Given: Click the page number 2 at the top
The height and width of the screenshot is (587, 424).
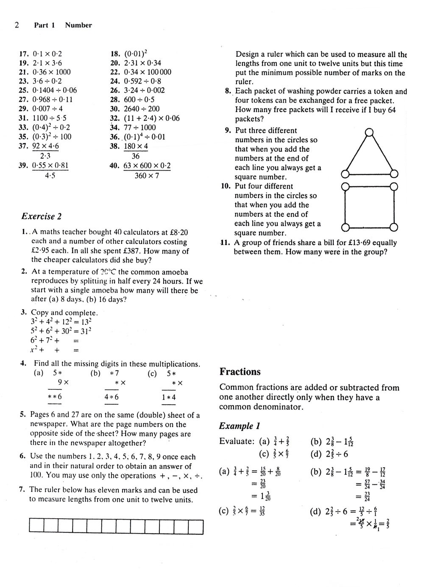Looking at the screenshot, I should click(17, 25).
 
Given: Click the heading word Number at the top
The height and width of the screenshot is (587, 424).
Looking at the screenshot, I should click(78, 25).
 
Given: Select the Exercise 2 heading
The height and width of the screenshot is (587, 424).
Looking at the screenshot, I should click(42, 216).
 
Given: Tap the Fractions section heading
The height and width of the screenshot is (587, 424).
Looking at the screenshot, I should click(240, 372).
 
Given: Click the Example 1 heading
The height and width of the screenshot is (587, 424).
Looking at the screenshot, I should click(240, 426).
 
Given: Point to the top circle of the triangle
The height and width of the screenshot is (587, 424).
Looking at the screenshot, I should click(369, 132).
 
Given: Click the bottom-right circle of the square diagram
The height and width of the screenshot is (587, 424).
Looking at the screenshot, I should click(393, 228).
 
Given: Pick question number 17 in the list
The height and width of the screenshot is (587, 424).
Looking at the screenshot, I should click(24, 54).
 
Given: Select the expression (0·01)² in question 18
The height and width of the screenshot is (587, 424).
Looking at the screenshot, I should click(136, 53).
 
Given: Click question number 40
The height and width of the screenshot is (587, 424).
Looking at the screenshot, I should click(114, 166).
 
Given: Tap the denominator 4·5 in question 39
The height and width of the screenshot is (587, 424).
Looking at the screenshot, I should click(50, 176).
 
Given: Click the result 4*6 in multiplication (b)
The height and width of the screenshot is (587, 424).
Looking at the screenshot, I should click(112, 397).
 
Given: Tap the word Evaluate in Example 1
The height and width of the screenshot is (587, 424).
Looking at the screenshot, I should click(236, 441).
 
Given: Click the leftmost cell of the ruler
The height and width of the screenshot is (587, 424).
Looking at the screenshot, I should click(36, 526).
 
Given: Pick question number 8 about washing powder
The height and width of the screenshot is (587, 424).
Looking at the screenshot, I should click(228, 91).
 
